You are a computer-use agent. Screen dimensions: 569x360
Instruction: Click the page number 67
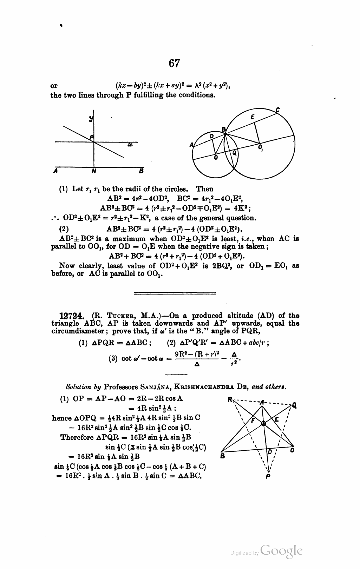[x=174, y=63]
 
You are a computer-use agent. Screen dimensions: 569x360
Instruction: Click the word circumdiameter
[x=74, y=331]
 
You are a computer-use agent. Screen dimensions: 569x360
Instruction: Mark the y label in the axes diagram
[x=91, y=119]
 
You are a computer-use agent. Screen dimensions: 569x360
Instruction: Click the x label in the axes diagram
[x=130, y=145]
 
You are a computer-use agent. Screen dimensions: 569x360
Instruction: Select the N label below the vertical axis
[x=93, y=171]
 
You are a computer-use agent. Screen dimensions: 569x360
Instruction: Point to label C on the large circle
[x=277, y=110]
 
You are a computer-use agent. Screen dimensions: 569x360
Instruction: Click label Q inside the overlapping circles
[x=235, y=153]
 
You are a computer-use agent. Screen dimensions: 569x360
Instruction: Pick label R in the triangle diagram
[x=230, y=399]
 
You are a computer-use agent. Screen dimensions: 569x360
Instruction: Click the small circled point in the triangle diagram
[x=263, y=424]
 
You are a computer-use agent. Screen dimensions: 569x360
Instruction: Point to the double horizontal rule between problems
[x=175, y=292]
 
